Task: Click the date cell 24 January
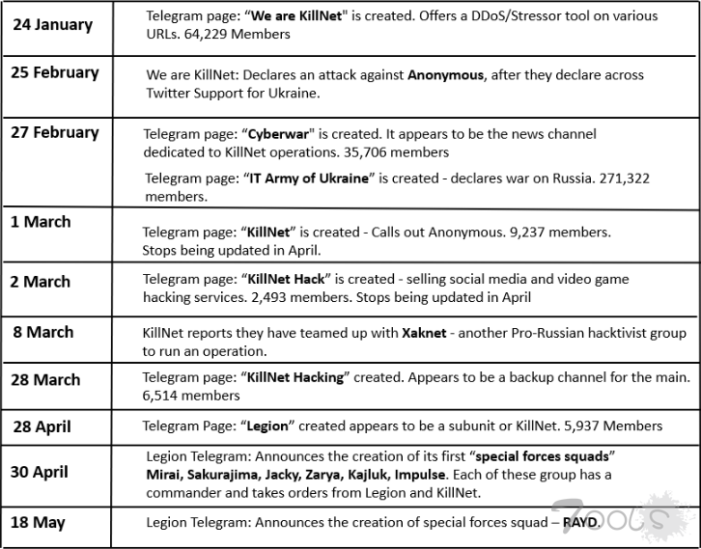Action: pos(54,23)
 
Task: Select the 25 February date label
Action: pos(55,72)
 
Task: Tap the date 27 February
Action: pos(55,132)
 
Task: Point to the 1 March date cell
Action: pos(41,222)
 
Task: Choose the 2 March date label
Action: pos(41,282)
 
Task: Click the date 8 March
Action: pos(42,332)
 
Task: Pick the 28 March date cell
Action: pos(46,379)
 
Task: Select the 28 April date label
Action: pos(42,426)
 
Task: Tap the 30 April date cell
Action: pos(42,472)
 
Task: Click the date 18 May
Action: pos(39,522)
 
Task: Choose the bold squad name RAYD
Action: pos(581,522)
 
